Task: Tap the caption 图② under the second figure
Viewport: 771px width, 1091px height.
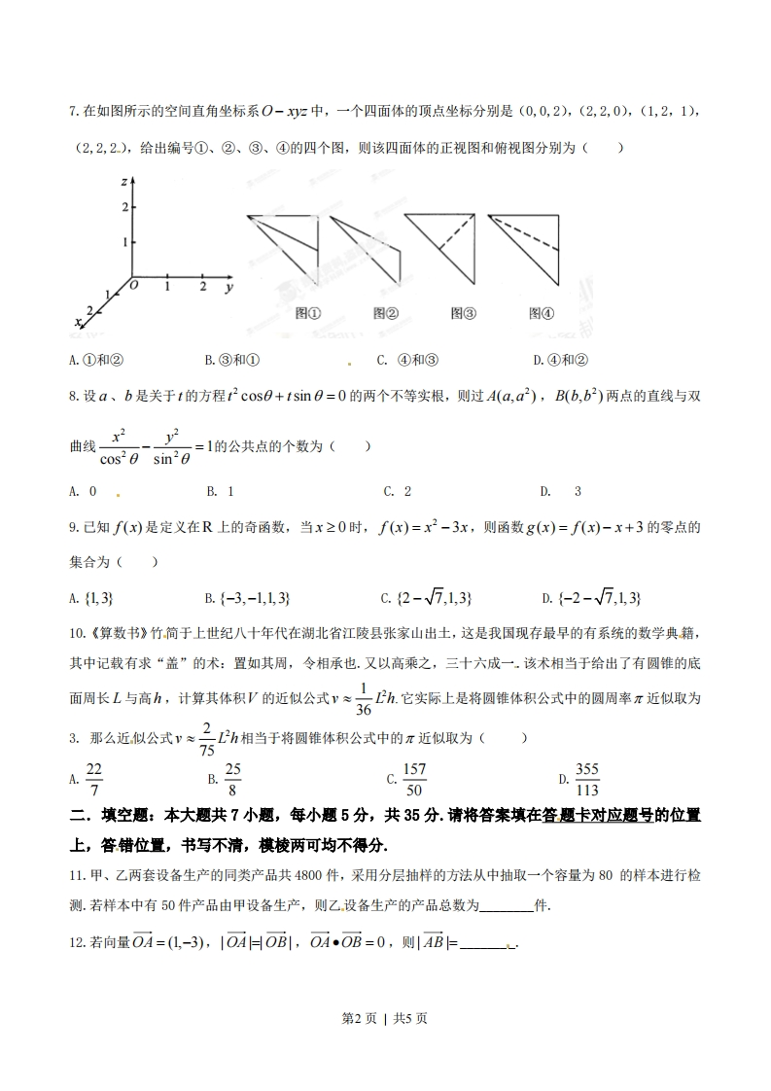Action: click(x=385, y=313)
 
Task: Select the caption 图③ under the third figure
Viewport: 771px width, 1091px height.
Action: click(x=463, y=313)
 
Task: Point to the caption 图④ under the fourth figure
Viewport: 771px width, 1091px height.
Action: click(x=541, y=313)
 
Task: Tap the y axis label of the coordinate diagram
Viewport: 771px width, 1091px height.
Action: click(x=228, y=288)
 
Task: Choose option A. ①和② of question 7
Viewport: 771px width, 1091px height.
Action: click(x=96, y=360)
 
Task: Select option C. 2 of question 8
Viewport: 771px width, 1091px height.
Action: click(x=397, y=491)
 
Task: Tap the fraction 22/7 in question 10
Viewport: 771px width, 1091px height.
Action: click(x=93, y=780)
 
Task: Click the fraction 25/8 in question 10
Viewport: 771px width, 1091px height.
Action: click(x=232, y=780)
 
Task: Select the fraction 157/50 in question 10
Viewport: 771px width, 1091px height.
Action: click(x=414, y=780)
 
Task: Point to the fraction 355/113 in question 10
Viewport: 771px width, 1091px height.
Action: click(x=586, y=780)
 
